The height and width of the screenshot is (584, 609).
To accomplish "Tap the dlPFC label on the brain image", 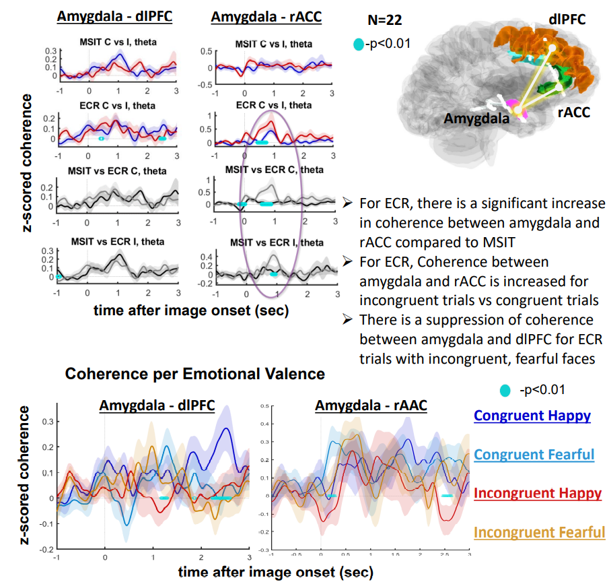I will (x=567, y=20).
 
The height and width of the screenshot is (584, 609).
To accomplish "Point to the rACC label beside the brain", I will (x=573, y=112).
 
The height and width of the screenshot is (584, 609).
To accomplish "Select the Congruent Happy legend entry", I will (x=532, y=415).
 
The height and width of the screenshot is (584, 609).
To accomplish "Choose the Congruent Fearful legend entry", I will (x=534, y=454).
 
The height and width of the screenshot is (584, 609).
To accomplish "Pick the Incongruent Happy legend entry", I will (x=538, y=493).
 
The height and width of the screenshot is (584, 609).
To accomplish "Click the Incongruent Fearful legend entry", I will (x=540, y=532).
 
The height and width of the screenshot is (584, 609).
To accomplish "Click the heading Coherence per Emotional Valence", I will (x=195, y=374).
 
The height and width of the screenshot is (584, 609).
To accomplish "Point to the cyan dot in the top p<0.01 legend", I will (x=359, y=44).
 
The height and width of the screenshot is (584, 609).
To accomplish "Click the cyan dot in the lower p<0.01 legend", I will (x=504, y=389).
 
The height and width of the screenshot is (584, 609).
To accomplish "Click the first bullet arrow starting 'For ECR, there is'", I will (x=348, y=203).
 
